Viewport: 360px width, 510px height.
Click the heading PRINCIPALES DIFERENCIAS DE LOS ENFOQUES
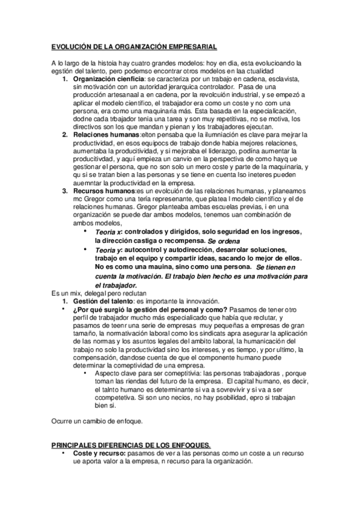click(130, 445)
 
